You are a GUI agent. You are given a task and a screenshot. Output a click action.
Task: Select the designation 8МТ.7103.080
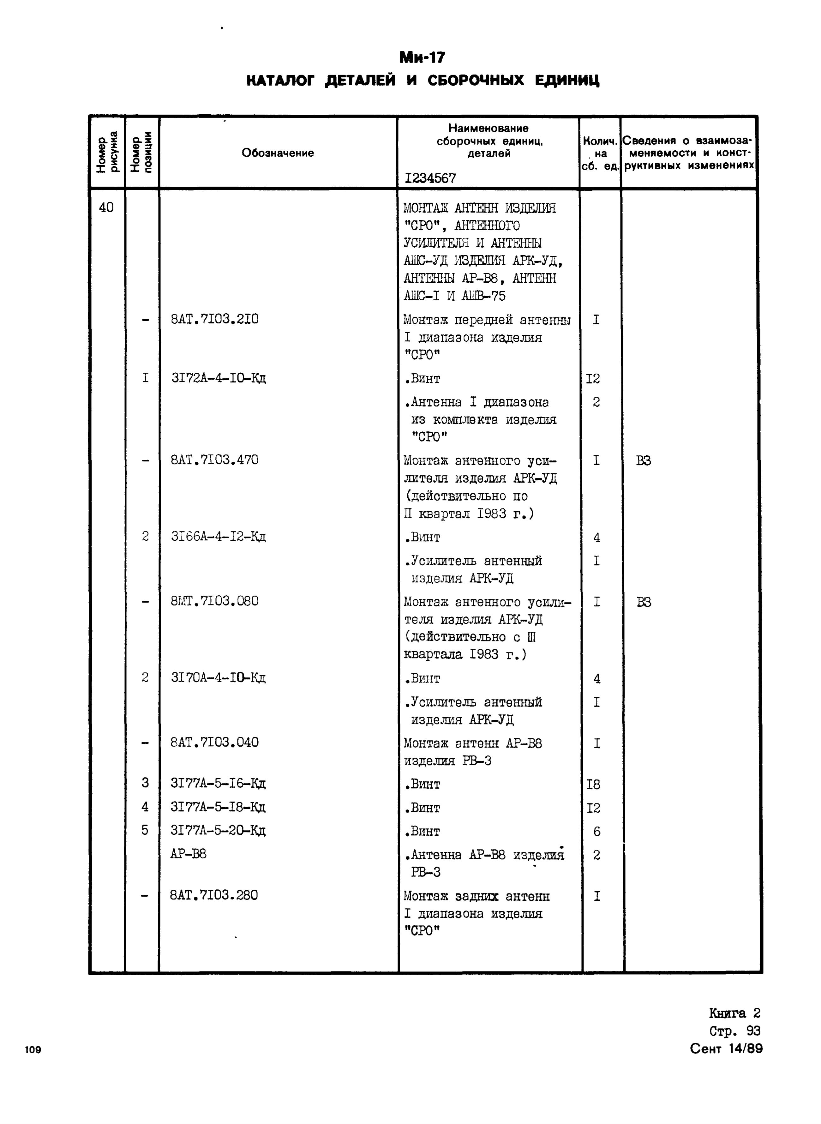[x=214, y=601]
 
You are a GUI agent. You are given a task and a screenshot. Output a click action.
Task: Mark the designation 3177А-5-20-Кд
[x=218, y=830]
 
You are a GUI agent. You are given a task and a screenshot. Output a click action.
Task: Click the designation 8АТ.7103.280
[x=214, y=895]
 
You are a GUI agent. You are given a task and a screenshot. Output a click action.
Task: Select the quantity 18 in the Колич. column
[x=593, y=784]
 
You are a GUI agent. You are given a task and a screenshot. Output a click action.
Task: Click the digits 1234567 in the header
[x=430, y=178]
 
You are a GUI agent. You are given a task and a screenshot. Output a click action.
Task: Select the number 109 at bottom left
[x=33, y=1050]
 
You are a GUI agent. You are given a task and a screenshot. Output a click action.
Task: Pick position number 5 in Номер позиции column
[x=145, y=830]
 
